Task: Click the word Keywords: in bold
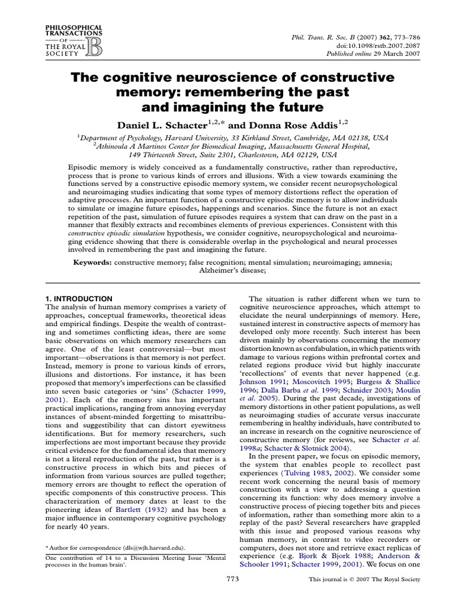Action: pyautogui.click(x=92, y=262)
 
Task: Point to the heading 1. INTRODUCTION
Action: pyautogui.click(x=79, y=299)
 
